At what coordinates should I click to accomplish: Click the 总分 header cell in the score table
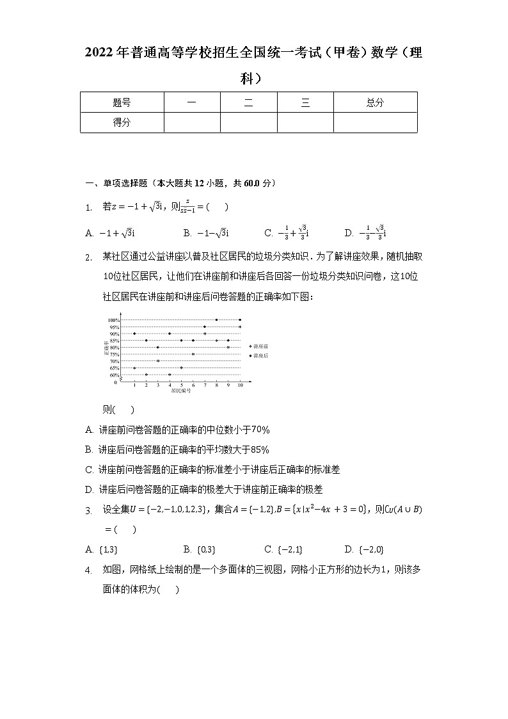click(375, 102)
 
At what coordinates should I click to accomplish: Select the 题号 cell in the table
click(122, 102)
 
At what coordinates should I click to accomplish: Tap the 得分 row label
click(122, 122)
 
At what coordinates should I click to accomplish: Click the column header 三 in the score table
click(305, 102)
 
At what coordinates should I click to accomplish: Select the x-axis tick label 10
click(240, 385)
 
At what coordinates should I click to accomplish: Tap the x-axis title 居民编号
click(180, 391)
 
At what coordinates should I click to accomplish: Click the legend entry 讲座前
click(260, 346)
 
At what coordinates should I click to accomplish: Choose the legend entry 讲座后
click(260, 356)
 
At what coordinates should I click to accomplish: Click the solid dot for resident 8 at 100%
click(216, 319)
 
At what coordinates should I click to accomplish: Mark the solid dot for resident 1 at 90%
click(134, 334)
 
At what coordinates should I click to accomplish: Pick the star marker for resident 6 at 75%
click(193, 354)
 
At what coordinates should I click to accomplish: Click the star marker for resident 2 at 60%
click(146, 375)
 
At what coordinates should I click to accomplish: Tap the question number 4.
click(90, 570)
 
